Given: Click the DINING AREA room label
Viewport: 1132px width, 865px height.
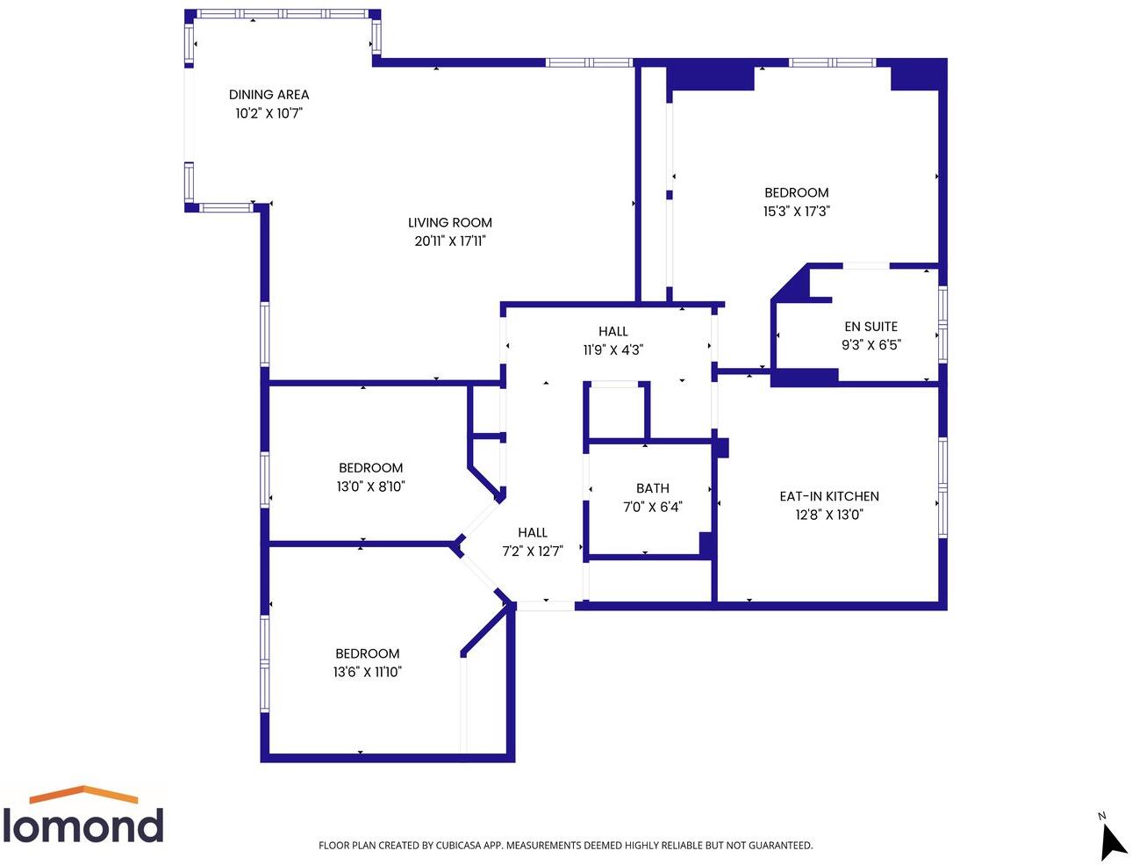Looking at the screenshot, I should click(x=269, y=95).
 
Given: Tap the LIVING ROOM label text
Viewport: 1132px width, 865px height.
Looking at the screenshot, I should click(x=449, y=223).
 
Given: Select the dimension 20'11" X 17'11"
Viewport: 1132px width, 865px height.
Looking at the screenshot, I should click(x=449, y=241).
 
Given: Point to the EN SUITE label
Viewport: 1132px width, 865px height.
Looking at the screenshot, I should click(x=870, y=327).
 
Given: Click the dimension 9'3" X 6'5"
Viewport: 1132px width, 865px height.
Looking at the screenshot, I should click(x=870, y=345).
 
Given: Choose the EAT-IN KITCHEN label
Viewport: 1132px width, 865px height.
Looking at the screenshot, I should click(x=828, y=496).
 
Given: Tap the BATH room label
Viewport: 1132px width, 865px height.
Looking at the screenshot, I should click(x=652, y=488).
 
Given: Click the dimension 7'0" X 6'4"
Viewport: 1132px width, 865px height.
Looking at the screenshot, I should click(x=652, y=507).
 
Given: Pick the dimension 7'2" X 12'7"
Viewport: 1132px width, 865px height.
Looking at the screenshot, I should click(x=532, y=551).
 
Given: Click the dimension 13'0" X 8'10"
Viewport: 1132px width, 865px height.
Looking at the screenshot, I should click(x=370, y=487).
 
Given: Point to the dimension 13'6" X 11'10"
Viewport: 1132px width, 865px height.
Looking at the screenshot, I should click(x=367, y=672).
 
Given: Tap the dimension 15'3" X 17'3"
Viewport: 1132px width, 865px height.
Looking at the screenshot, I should click(x=796, y=212).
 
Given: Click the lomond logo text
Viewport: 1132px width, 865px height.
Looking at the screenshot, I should click(x=83, y=826).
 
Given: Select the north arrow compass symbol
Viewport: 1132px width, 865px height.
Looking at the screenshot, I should click(x=1112, y=840).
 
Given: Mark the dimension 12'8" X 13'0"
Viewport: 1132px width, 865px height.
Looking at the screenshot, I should click(x=828, y=515).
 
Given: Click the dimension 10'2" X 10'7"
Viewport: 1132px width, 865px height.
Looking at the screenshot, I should click(x=269, y=113).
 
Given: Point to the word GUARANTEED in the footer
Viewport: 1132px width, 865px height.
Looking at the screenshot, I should click(x=776, y=846).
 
